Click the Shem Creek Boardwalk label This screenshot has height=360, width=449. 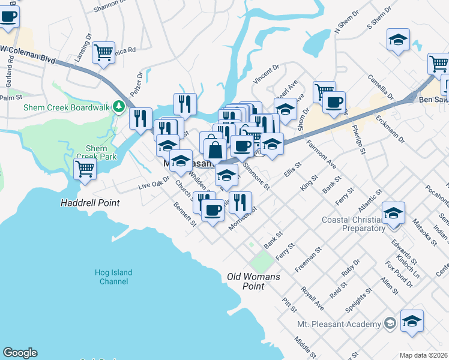(67, 107)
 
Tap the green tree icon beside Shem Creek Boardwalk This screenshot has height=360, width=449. (119, 107)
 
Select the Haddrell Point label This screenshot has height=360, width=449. (90, 203)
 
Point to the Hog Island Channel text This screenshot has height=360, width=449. (113, 277)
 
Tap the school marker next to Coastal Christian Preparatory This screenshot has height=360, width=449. (393, 214)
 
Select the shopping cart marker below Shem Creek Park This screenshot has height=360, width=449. (85, 169)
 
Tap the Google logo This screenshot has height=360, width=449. (20, 353)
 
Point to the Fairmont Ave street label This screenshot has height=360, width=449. (321, 154)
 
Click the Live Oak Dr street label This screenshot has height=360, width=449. (154, 184)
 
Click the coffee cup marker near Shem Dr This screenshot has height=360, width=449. (334, 101)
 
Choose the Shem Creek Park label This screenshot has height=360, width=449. (96, 152)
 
